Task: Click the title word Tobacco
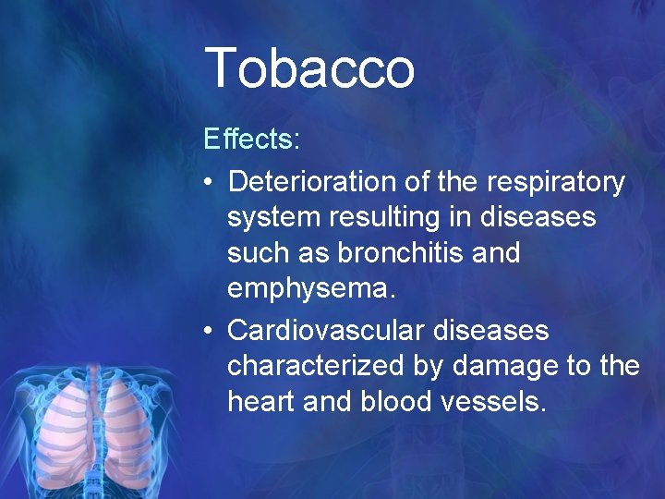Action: [x=309, y=69]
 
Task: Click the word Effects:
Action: [x=251, y=140]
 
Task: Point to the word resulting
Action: [x=387, y=218]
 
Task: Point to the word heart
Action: [x=262, y=402]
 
